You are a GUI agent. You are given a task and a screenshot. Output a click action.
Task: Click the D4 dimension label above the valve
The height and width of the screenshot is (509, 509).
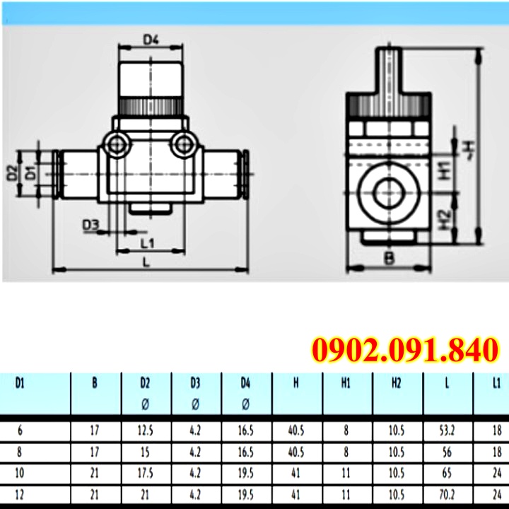tap(151, 40)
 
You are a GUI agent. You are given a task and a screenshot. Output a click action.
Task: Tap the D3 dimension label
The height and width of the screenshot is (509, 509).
tap(90, 225)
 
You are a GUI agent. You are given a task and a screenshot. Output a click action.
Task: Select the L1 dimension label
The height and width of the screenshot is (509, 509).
tap(148, 242)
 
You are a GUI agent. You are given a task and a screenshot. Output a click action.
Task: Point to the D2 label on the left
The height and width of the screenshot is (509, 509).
tap(12, 173)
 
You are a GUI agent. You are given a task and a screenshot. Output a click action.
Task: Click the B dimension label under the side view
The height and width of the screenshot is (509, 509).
tap(390, 259)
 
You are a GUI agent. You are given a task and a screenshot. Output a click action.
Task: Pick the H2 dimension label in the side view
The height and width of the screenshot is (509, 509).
tap(445, 220)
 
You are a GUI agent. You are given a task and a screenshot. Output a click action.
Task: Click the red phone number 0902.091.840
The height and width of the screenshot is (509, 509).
tap(405, 350)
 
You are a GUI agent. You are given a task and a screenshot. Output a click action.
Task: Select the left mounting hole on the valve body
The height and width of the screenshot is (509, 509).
tap(115, 145)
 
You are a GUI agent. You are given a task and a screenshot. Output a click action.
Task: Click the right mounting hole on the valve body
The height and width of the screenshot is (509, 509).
tap(184, 145)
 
